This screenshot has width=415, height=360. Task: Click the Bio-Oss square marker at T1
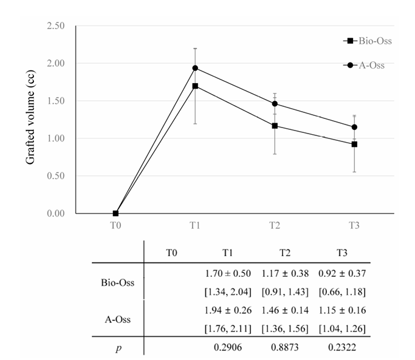tap(195, 86)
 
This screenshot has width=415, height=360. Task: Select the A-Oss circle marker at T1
tap(195, 68)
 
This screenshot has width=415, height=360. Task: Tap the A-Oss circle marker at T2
tap(275, 104)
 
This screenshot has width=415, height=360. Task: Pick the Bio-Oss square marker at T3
tap(354, 144)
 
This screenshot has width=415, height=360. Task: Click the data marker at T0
tap(115, 213)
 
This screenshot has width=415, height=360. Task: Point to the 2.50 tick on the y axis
tap(58, 26)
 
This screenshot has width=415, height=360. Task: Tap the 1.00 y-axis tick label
tap(58, 138)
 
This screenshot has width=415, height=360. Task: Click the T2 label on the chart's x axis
tap(275, 225)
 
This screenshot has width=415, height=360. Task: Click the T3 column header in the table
tap(342, 251)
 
